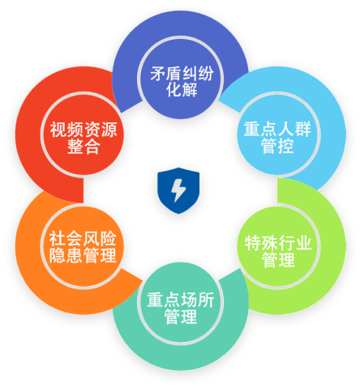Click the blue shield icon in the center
click(x=178, y=190)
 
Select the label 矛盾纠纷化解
click(x=182, y=82)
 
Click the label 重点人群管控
click(x=277, y=138)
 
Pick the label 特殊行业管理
click(x=278, y=251)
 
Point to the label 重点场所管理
click(x=181, y=308)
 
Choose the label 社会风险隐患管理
click(x=83, y=247)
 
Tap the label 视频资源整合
click(x=84, y=138)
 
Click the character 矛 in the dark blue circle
click(x=158, y=74)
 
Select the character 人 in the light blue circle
click(x=286, y=130)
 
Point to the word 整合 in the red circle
click(x=84, y=147)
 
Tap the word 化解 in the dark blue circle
click(x=182, y=90)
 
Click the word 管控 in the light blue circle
click(x=277, y=146)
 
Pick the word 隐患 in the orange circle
click(x=66, y=255)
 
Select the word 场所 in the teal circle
click(x=198, y=300)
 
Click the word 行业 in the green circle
click(x=295, y=243)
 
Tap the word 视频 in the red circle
click(x=66, y=130)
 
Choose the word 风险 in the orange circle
click(x=100, y=238)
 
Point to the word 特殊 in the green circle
click(x=262, y=243)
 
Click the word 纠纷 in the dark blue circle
click(x=198, y=74)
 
